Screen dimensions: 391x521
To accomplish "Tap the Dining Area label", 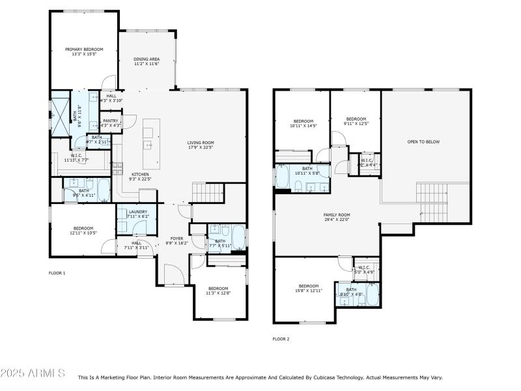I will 147,61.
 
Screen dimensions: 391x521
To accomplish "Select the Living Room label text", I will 201,145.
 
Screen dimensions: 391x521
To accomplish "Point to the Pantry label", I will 111,123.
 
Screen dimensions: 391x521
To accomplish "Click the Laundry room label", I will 137,214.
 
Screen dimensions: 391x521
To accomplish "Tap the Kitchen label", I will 141,177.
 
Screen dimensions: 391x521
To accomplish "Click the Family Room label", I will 337,217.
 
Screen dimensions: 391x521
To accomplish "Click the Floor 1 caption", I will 57,273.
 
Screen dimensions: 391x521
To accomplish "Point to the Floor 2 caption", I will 281,339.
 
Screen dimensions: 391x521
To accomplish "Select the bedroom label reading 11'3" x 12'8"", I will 218,291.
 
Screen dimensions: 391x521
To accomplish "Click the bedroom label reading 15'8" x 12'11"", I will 309,288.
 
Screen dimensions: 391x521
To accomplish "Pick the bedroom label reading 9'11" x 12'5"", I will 356,121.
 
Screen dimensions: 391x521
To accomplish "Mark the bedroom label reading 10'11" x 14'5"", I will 303,123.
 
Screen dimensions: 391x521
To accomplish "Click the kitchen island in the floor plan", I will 148,143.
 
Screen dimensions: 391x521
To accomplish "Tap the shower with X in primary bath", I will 60,114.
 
